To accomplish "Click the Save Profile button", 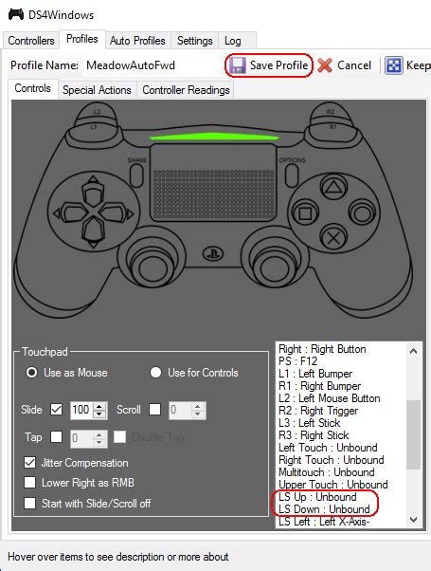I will click(269, 65).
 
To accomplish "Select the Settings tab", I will click(195, 41).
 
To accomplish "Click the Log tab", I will click(232, 41).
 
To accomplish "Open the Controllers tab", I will click(32, 41).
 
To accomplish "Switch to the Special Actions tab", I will click(97, 90).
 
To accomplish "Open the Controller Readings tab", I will click(186, 90).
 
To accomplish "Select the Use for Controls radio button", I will click(157, 373).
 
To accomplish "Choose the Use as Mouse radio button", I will click(32, 373).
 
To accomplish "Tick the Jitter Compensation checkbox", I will click(30, 463).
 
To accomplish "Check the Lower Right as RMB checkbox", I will click(30, 483).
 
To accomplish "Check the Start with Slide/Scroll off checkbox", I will click(30, 503).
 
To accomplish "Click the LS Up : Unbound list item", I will click(317, 497).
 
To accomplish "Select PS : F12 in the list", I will click(303, 361).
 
